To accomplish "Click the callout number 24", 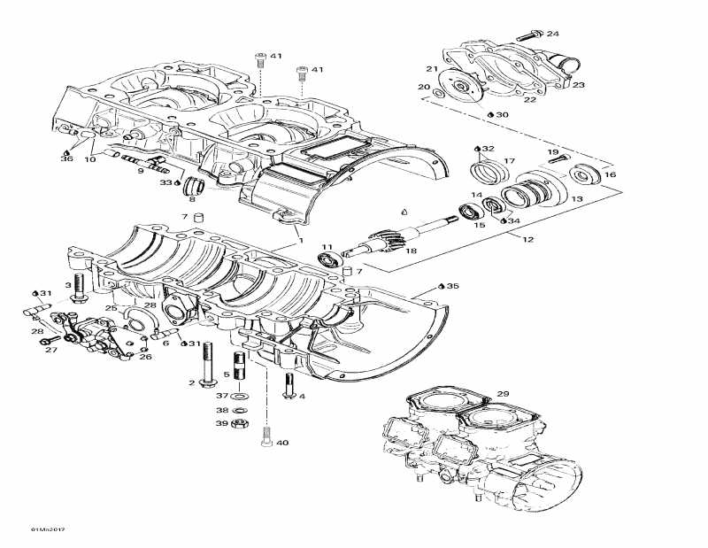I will click(x=553, y=34).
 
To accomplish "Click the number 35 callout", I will click(x=453, y=287).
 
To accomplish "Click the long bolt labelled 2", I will click(x=207, y=363).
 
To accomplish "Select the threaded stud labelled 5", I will click(x=239, y=364).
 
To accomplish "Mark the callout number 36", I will click(x=67, y=158).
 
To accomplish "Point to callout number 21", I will click(x=431, y=69).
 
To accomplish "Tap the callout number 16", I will click(x=609, y=174).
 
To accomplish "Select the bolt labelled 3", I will click(x=80, y=287).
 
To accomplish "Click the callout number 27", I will click(x=50, y=351).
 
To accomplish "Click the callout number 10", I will click(x=90, y=159).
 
